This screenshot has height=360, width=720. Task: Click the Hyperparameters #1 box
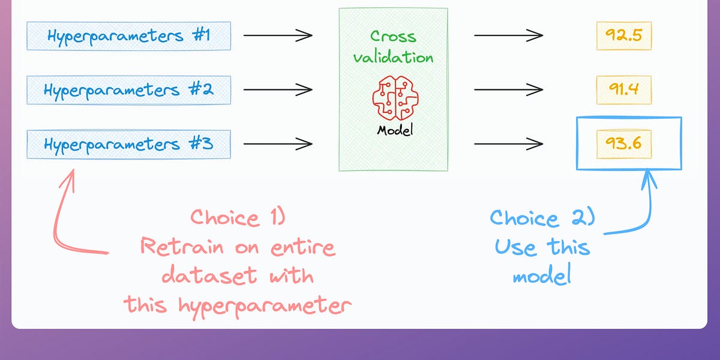pos(128,36)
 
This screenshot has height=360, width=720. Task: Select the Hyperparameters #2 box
pos(128,91)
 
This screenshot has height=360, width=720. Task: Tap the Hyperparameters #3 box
pos(128,145)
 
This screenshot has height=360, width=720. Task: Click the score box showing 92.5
pos(623,36)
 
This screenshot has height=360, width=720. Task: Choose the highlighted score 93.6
pos(623,145)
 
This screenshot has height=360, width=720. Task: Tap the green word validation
pos(393,58)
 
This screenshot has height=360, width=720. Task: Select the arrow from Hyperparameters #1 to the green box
pos(278,35)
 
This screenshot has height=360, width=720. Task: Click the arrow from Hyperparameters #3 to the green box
pos(278,144)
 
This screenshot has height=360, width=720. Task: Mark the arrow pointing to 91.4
pos(508,90)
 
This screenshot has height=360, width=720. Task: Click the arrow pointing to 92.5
pos(508,35)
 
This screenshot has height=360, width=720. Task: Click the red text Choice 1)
pos(238,217)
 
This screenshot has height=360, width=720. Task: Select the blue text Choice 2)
pos(542,217)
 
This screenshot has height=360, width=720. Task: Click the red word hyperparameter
pos(264,306)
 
